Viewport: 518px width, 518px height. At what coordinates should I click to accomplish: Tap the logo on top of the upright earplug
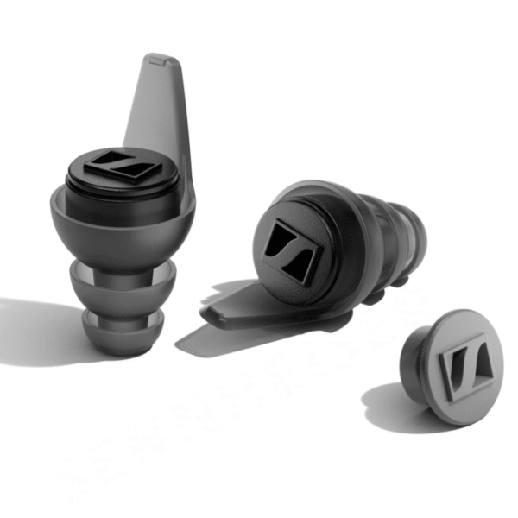121,163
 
